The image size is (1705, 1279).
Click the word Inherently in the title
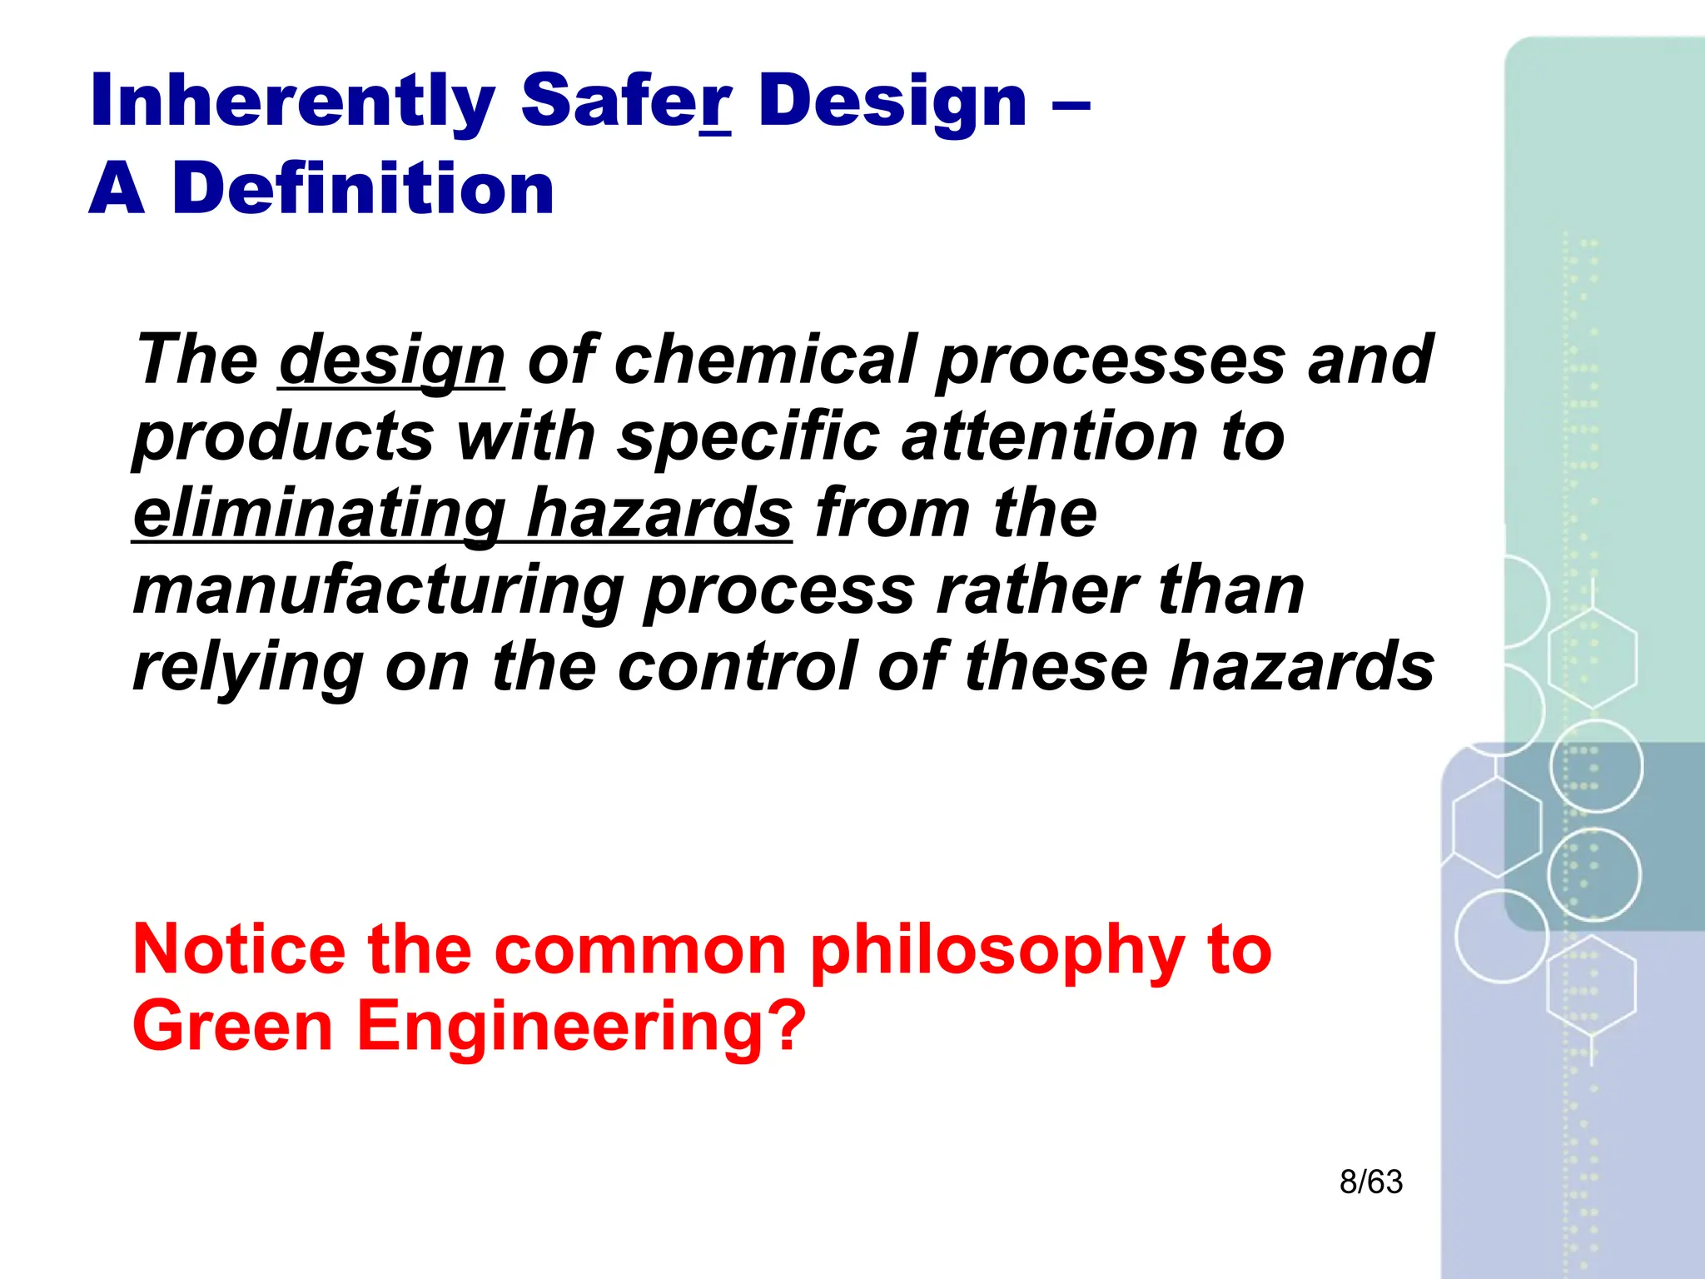292,102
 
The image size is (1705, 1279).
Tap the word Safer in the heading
626,102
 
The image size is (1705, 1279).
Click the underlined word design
391,361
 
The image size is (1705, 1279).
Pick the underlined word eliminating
320,513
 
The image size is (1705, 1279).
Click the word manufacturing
379,591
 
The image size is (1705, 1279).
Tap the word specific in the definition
748,436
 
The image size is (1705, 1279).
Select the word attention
1051,436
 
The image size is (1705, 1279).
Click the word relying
248,668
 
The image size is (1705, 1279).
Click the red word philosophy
997,951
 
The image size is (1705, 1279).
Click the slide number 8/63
1370,1182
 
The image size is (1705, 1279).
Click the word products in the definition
284,438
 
